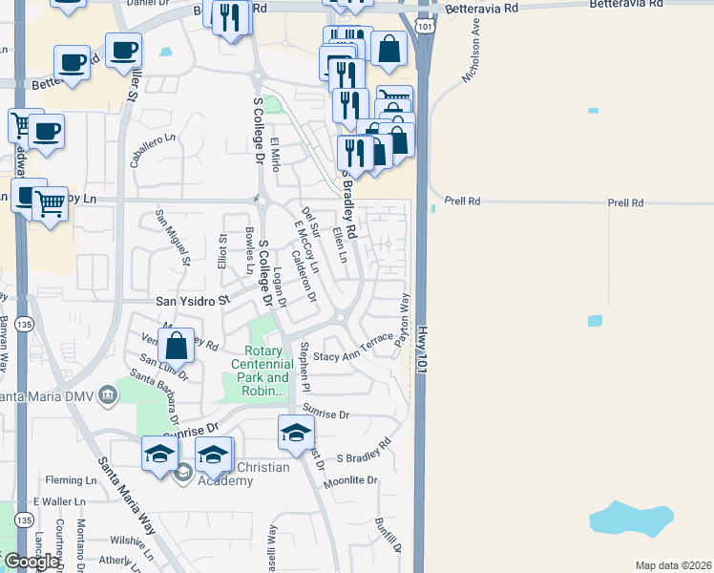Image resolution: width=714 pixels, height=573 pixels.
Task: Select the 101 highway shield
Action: [x=424, y=27]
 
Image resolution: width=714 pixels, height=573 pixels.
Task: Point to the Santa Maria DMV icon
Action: [x=107, y=394]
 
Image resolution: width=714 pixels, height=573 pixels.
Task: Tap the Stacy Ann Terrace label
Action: [x=353, y=349]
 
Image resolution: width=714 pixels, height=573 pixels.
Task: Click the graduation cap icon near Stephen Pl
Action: [x=296, y=431]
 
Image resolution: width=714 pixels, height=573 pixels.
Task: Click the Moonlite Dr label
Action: [x=350, y=480]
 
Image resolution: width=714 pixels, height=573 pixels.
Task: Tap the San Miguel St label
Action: [x=175, y=240]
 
